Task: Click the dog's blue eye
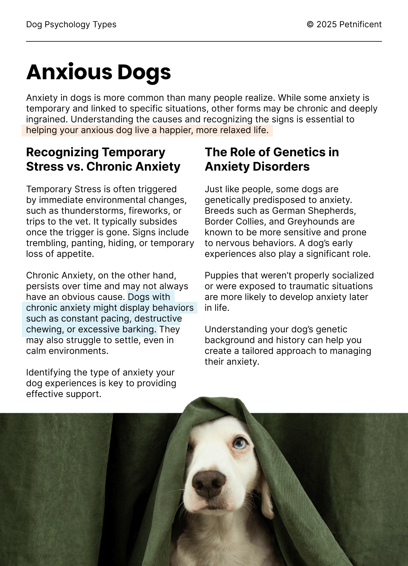[x=240, y=443]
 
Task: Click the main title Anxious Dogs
[x=99, y=72]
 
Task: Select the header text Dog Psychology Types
[x=71, y=25]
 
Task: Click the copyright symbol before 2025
[x=310, y=25]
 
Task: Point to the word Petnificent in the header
[x=360, y=25]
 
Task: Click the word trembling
[x=47, y=243]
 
